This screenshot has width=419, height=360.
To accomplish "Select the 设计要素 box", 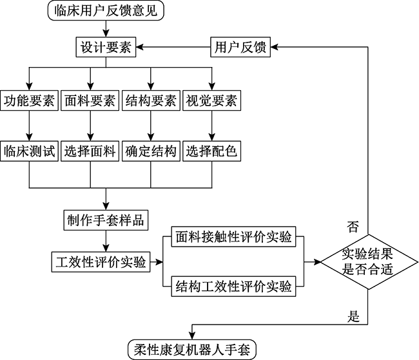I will point(105,48).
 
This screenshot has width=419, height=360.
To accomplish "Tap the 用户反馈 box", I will point(240,48).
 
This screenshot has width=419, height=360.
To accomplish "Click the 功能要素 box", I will point(29,101).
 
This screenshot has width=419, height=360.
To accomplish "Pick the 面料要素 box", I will point(90,101).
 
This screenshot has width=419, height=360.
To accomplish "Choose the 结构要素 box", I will point(150,101).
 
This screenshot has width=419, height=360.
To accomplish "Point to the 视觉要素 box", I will point(211,101).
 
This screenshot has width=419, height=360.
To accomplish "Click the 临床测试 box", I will point(29,152).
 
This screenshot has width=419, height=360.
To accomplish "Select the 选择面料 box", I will point(90,152).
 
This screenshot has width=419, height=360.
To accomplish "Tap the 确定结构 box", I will point(150,152).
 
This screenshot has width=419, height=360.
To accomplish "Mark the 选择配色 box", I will point(211,152).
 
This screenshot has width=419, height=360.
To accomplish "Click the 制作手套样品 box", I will point(105,220).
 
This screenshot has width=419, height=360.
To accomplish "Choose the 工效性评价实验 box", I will point(99,261).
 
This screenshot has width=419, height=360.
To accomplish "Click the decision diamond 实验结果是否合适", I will point(367,261).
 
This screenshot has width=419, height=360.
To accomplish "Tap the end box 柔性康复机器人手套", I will point(193,348).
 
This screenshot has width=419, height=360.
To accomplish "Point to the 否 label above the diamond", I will point(353,226).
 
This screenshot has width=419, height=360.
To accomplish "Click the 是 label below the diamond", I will point(353,316).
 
